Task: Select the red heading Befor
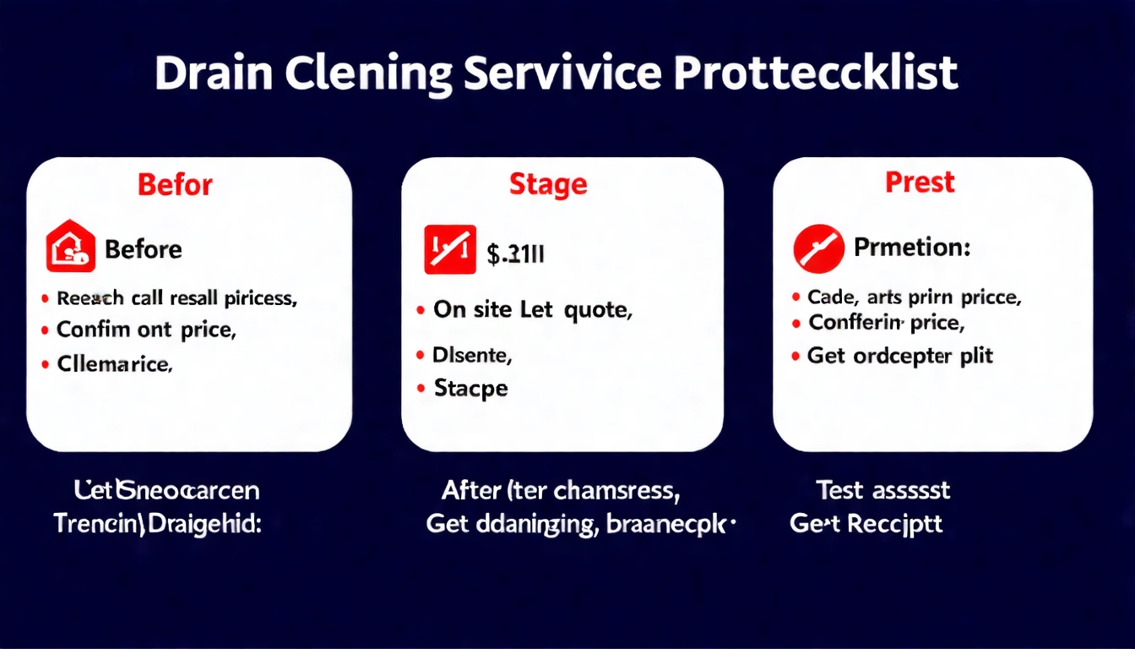point(176,184)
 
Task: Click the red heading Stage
point(548,184)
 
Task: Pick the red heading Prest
point(920,183)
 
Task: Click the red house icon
point(71,248)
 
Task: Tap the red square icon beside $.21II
point(449,250)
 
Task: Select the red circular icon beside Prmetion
point(818,248)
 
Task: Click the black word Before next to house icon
point(143,249)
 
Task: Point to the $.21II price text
point(515,253)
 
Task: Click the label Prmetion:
point(912,248)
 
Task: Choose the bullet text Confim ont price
point(145,330)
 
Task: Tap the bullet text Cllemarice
point(114,364)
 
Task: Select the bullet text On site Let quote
point(532,310)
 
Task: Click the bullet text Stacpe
point(470,389)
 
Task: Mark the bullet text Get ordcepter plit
point(900,356)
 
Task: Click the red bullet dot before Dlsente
point(421,357)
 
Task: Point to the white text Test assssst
point(882,489)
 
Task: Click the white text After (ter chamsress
point(562,489)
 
